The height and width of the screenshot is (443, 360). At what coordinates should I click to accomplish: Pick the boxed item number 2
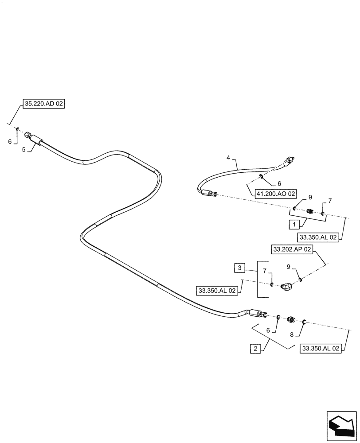[x=255, y=348]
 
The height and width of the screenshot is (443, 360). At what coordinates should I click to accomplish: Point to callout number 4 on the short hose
[x=228, y=157]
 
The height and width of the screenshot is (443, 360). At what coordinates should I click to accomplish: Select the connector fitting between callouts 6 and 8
[x=291, y=319]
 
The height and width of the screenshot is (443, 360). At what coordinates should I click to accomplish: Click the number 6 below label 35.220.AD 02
[x=10, y=141]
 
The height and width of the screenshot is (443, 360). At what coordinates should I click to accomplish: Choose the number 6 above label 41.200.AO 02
[x=279, y=183]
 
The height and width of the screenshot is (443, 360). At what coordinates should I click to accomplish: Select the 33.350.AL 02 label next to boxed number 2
[x=321, y=348]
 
